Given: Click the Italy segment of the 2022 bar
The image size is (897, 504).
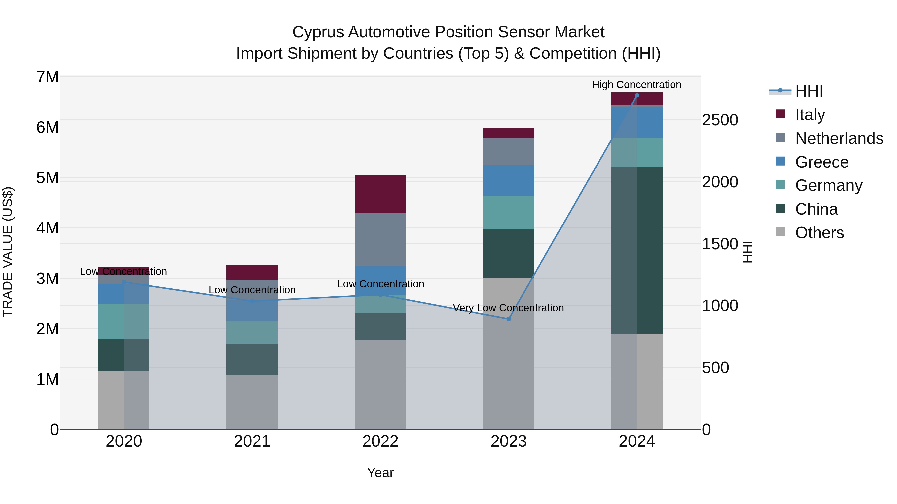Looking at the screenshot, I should [380, 194].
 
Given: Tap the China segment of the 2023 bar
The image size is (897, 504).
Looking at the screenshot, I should [508, 253].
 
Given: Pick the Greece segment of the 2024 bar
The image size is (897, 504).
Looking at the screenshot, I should [637, 122].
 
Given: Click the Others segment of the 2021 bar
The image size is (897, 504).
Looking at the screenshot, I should [252, 402].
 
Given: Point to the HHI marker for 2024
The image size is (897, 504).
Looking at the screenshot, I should [637, 95].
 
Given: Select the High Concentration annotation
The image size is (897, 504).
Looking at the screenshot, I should [637, 85].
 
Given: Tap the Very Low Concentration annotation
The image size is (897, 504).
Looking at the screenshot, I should [508, 308].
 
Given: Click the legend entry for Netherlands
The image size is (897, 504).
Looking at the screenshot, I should [839, 138].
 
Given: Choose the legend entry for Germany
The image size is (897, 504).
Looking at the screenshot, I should [828, 185].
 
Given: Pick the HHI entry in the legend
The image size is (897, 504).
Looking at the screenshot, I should [809, 91].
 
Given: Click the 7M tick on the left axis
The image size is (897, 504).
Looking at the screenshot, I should [47, 77].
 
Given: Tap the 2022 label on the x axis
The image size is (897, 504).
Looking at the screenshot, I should [380, 441].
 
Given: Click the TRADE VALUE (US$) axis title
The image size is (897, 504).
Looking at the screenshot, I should [8, 252].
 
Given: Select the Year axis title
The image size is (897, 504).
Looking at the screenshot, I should [380, 473].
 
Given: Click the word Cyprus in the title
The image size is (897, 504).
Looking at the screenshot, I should [318, 32].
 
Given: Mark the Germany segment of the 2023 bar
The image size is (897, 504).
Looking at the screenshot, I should [508, 212].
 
